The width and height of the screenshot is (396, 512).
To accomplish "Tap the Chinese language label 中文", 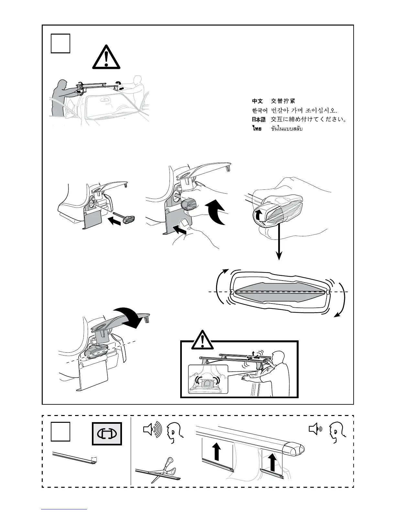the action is click(258, 101).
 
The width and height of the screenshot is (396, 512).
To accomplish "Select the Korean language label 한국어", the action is click(259, 111).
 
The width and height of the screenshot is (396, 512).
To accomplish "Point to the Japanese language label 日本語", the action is click(258, 120).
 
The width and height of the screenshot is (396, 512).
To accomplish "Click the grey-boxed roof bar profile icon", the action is click(107, 433).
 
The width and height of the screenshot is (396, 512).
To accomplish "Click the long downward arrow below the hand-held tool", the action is click(278, 243).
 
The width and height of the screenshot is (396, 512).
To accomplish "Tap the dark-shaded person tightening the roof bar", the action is click(60, 97).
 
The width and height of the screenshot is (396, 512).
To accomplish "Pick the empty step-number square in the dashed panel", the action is click(60, 432).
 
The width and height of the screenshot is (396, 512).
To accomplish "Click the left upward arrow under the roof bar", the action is click(217, 453).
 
